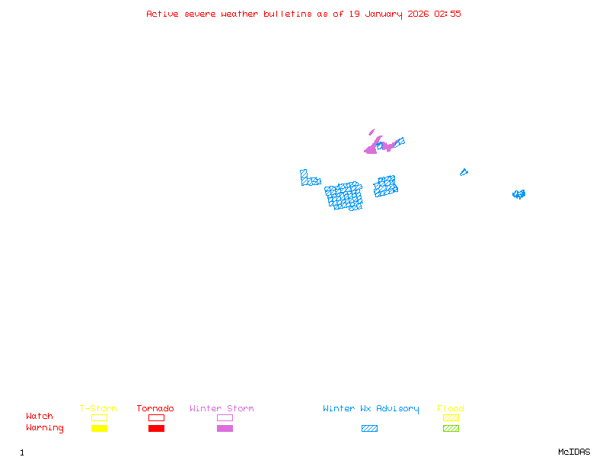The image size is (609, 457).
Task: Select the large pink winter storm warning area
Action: (x=373, y=147)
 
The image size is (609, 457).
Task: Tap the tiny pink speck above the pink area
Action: (x=371, y=132)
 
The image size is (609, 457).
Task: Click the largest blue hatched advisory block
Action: (x=344, y=196)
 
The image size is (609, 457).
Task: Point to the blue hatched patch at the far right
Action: (x=518, y=194)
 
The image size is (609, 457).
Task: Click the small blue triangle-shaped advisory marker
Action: (x=463, y=172)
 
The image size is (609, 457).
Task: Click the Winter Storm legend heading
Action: (x=222, y=409)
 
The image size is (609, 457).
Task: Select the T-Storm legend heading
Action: (x=98, y=409)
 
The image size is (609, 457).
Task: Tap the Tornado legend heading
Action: (x=155, y=409)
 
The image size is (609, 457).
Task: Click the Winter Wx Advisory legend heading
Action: (x=371, y=409)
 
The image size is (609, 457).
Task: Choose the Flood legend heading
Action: (x=451, y=409)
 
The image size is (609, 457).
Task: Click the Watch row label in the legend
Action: (x=40, y=417)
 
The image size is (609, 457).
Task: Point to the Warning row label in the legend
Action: (x=45, y=428)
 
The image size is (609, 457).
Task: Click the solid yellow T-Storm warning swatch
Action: (x=99, y=428)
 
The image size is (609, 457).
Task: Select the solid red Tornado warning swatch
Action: (x=156, y=428)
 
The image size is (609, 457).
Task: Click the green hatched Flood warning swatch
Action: (x=451, y=428)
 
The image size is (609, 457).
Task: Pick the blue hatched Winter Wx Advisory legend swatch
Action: (x=369, y=428)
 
